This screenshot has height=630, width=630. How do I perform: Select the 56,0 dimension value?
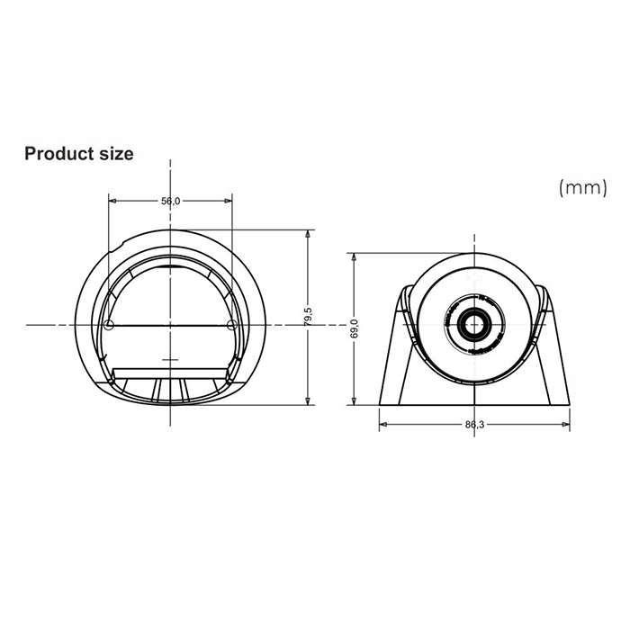pyautogui.click(x=171, y=201)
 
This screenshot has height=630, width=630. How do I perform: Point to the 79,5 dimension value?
pyautogui.click(x=309, y=317)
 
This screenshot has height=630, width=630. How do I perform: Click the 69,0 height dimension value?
pyautogui.click(x=355, y=329)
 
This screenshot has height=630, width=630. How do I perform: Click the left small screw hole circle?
pyautogui.click(x=109, y=324)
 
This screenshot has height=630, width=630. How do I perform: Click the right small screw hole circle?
pyautogui.click(x=232, y=324)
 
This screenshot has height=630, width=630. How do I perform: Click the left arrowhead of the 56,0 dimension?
pyautogui.click(x=112, y=201)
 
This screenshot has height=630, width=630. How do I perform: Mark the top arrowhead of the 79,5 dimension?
pyautogui.click(x=309, y=232)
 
